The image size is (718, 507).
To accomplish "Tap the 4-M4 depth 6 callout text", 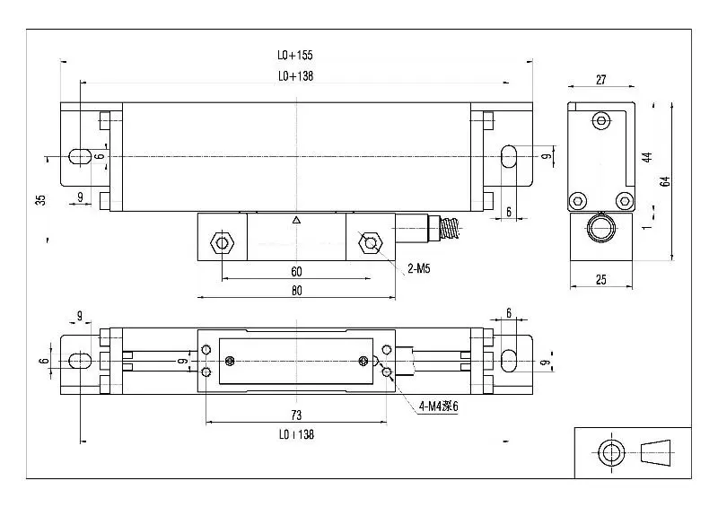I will click(438, 406).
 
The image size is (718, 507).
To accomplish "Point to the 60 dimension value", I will click(295, 271).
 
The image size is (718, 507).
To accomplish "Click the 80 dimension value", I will click(295, 291).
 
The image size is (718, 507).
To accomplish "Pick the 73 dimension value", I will click(295, 415).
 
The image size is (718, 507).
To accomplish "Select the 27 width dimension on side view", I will click(600, 80).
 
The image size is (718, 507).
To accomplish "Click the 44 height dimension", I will click(645, 156).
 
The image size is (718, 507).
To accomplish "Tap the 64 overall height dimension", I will click(665, 180).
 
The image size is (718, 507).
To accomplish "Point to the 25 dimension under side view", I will click(600, 280).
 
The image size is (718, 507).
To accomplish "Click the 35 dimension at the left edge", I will click(40, 199).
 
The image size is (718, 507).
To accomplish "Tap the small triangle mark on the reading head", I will click(295, 220).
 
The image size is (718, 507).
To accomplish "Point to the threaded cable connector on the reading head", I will click(449, 229).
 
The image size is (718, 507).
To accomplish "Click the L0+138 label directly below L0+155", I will click(295, 77).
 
